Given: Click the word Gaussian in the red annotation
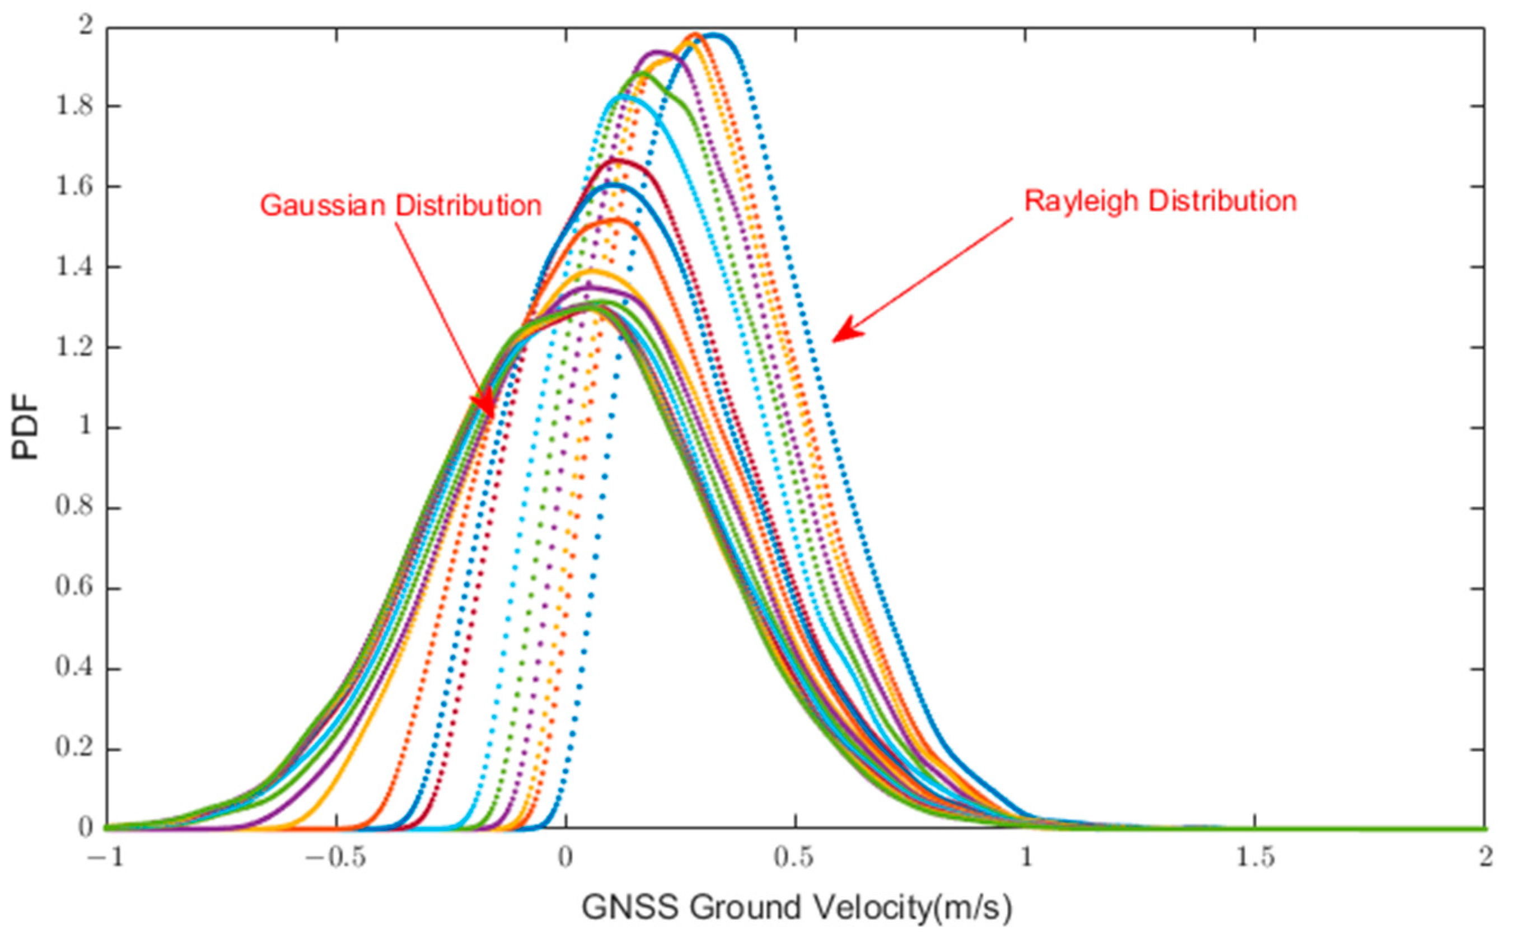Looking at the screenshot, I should click(x=323, y=205).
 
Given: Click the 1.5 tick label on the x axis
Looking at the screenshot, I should click(x=1255, y=858).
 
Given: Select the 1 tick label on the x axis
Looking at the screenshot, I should click(x=1026, y=858).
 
